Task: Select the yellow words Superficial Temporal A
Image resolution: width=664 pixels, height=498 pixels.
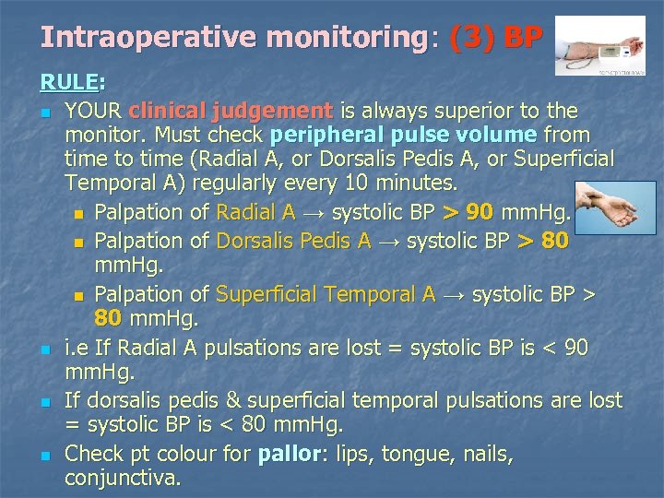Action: pos(326,294)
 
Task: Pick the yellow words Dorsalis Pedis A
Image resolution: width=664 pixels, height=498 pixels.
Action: pos(293,241)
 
